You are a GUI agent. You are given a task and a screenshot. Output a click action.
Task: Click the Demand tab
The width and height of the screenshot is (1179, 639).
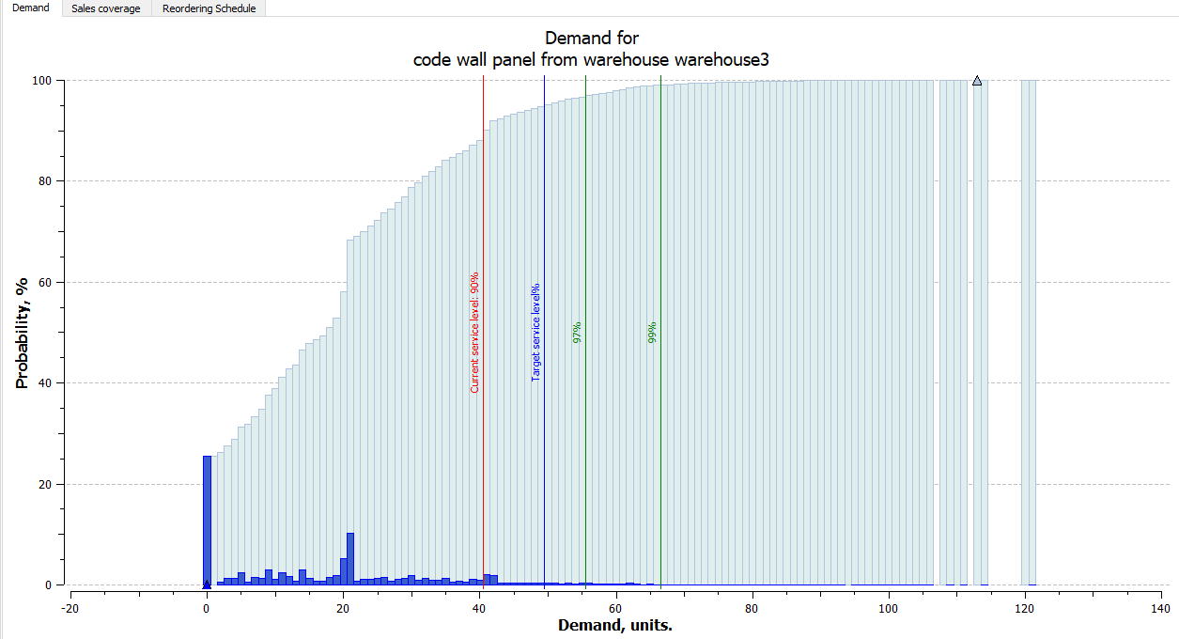tap(30, 8)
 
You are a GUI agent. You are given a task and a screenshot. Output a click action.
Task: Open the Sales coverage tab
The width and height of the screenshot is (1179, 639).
tap(107, 8)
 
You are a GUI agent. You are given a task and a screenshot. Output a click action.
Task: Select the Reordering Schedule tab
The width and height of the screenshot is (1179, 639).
tap(209, 8)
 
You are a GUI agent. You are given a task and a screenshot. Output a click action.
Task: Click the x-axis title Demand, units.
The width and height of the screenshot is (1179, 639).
tap(615, 625)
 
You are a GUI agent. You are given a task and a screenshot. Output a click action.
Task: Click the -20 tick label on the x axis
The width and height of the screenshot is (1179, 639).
tap(70, 608)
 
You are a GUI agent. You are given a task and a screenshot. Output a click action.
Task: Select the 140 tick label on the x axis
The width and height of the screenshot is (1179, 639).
tap(1161, 608)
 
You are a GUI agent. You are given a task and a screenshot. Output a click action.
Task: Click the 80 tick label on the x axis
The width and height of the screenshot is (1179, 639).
tap(752, 608)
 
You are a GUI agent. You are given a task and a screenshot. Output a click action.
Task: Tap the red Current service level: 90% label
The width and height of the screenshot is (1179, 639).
tap(474, 332)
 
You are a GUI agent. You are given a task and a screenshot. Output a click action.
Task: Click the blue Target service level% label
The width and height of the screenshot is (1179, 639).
tap(536, 332)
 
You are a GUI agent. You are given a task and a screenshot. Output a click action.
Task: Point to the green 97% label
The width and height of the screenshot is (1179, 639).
tap(577, 332)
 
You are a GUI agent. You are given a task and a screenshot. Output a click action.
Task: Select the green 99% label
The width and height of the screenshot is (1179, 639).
tap(652, 332)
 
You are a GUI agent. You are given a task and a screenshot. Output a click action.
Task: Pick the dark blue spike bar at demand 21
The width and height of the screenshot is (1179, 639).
tap(350, 559)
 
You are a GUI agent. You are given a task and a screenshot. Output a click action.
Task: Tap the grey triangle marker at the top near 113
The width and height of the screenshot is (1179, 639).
tap(977, 82)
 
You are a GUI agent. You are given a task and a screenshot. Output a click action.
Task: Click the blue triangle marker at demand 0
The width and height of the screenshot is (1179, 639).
tap(207, 584)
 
